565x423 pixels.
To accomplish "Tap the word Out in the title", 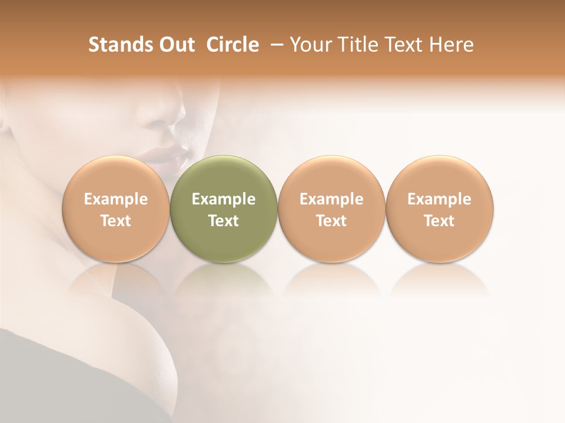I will pos(177,45).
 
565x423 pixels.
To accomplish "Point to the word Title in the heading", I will pos(355,45).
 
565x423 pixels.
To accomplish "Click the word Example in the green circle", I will pos(224,199).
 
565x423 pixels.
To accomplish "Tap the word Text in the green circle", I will pos(224,221).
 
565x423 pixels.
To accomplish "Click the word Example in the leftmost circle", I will pos(116,199).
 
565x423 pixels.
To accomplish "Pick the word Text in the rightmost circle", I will pos(440,221).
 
